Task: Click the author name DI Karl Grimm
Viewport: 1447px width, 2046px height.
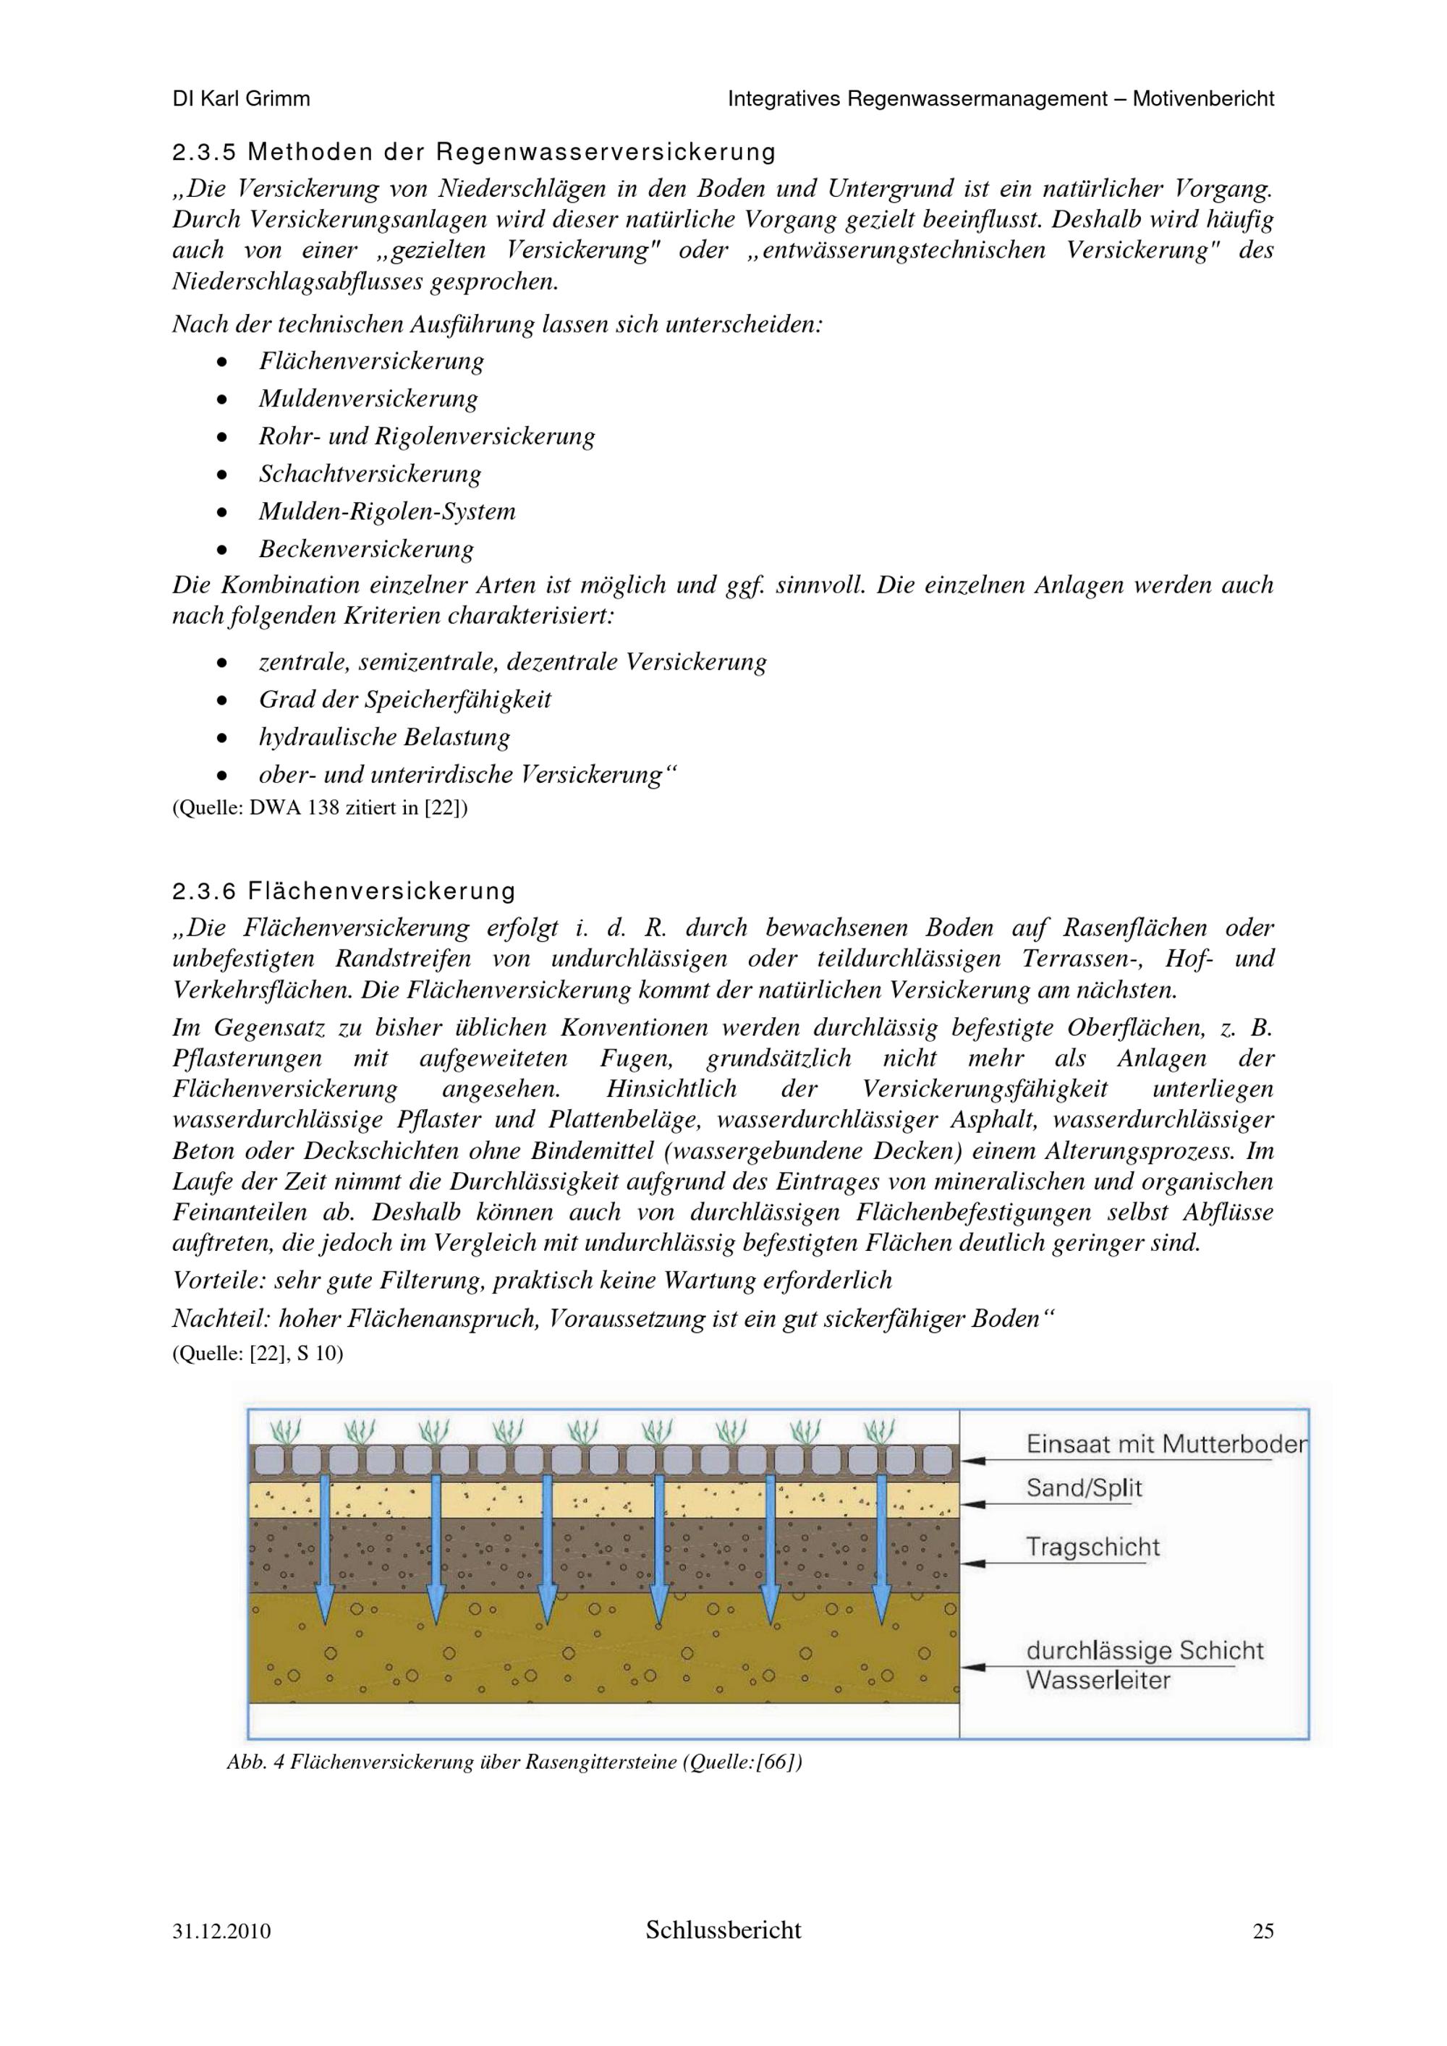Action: [x=241, y=99]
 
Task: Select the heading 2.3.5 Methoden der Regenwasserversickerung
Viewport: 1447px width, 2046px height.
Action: [x=473, y=153]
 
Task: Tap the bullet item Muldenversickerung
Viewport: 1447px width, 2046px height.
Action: [x=368, y=399]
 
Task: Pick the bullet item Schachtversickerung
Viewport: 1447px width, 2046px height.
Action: [x=370, y=473]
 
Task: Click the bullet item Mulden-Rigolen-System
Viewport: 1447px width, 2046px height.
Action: [x=386, y=511]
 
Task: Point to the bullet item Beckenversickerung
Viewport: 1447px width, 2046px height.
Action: [x=366, y=549]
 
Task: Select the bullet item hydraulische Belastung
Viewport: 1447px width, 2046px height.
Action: [x=384, y=737]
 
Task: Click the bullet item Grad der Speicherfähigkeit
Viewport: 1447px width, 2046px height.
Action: [x=404, y=700]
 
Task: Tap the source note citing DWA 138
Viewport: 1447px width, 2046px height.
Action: [x=320, y=808]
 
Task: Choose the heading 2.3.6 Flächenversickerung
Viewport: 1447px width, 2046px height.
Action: [x=344, y=891]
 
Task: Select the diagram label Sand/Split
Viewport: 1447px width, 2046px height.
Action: [x=1084, y=1487]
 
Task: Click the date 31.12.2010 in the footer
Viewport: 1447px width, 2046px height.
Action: [x=222, y=1931]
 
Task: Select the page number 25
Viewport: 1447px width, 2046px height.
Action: [x=1263, y=1931]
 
